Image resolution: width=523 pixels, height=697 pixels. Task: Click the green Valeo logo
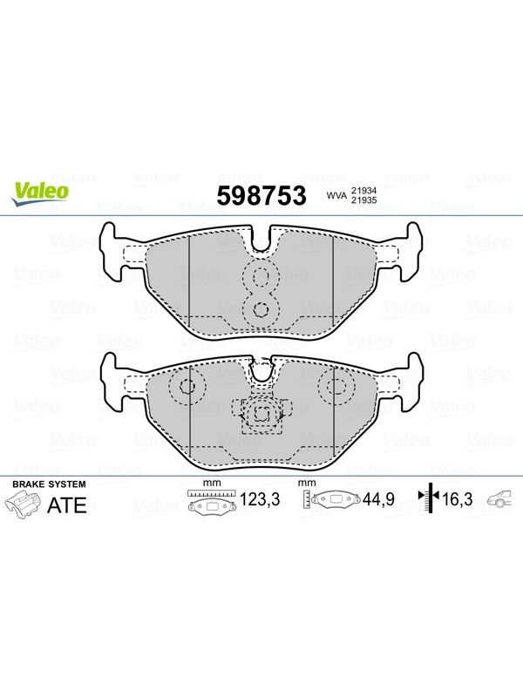click(x=39, y=193)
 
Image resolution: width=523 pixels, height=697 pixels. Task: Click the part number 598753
click(x=261, y=195)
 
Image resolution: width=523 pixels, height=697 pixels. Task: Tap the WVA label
click(x=336, y=195)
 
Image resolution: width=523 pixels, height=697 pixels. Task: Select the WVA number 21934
click(x=363, y=190)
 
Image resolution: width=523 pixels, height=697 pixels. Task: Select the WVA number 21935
click(x=363, y=200)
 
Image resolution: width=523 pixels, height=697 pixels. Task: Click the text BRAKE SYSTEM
click(x=49, y=484)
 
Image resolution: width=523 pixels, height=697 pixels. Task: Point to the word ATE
click(x=67, y=505)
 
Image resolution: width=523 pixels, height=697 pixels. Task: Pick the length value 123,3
click(x=260, y=499)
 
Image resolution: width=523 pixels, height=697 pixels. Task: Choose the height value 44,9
click(x=378, y=499)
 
